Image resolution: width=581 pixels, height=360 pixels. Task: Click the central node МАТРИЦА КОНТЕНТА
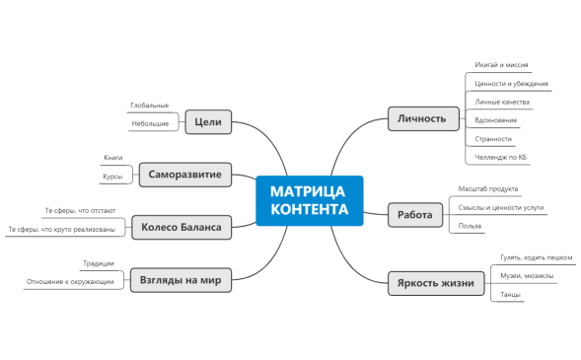point(309,200)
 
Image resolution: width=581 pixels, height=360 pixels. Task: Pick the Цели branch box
point(208,122)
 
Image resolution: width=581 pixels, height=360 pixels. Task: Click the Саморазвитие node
point(185,176)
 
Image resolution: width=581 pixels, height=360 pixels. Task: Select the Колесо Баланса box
point(181,228)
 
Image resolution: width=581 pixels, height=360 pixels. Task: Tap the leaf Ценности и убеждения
point(511,84)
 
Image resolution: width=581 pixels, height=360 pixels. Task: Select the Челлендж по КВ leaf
point(500,157)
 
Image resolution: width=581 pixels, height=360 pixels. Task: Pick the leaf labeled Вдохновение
point(495,120)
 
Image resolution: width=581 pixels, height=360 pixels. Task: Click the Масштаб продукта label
point(487,188)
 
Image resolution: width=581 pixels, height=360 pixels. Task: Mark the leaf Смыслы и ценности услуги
point(500,208)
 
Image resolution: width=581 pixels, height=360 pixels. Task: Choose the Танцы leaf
point(511,294)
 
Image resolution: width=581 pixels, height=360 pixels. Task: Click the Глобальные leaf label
point(150,106)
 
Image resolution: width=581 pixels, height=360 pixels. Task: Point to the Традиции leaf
point(99,263)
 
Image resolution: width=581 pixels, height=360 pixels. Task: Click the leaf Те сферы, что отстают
point(80,211)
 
